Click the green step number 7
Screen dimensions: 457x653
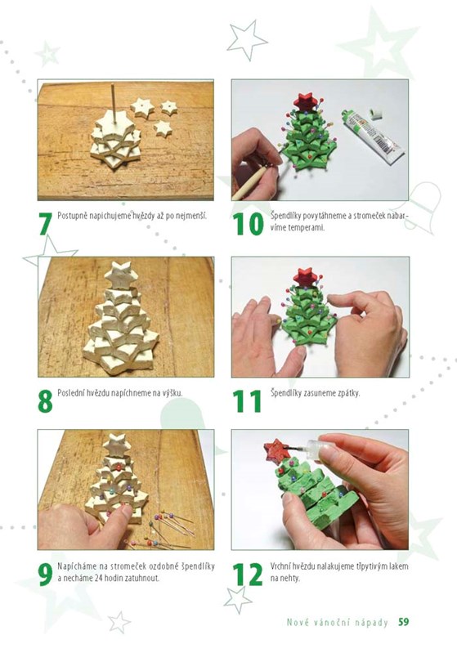pyautogui.click(x=46, y=224)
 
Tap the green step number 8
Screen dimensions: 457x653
pyautogui.click(x=45, y=401)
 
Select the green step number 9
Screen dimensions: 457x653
pyautogui.click(x=45, y=575)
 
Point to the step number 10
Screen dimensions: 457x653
pyautogui.click(x=248, y=224)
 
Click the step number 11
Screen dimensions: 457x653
pyautogui.click(x=247, y=401)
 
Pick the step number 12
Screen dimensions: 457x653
pyautogui.click(x=248, y=575)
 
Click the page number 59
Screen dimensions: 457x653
pyautogui.click(x=403, y=622)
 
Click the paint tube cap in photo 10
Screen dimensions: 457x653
pyautogui.click(x=376, y=114)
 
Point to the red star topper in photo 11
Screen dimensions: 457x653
pyautogui.click(x=306, y=276)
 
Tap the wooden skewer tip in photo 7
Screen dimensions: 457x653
pyautogui.click(x=113, y=84)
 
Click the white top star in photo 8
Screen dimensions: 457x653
pyautogui.click(x=121, y=274)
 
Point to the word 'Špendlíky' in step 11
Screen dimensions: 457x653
pyautogui.click(x=285, y=393)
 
